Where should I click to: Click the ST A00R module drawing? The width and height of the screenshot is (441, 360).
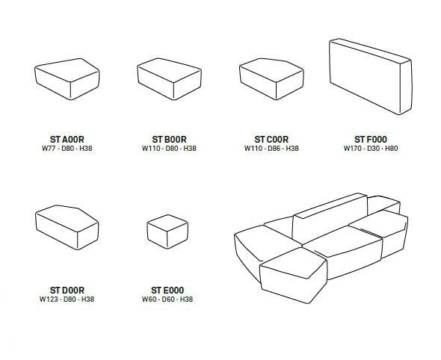coord(67,80)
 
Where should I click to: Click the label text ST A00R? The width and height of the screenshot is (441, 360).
coord(67,140)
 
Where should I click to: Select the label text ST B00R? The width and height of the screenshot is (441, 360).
coord(169,140)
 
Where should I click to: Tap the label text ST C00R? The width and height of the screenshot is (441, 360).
coord(271,140)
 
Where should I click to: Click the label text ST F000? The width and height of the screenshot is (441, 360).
coord(371,140)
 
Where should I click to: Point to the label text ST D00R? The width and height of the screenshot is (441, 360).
coord(67,290)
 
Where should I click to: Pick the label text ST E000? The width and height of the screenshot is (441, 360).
coord(169,290)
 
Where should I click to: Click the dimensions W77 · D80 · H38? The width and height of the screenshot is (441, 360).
coord(67,149)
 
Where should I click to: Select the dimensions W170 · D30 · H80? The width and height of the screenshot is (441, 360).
coord(371,149)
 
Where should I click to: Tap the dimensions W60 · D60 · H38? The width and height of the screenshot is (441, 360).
coord(169,299)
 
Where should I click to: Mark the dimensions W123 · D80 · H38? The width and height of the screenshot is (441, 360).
coord(67,299)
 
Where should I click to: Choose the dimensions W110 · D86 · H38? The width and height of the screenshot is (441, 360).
coord(271,149)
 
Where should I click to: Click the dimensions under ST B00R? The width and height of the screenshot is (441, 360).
coord(169,149)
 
